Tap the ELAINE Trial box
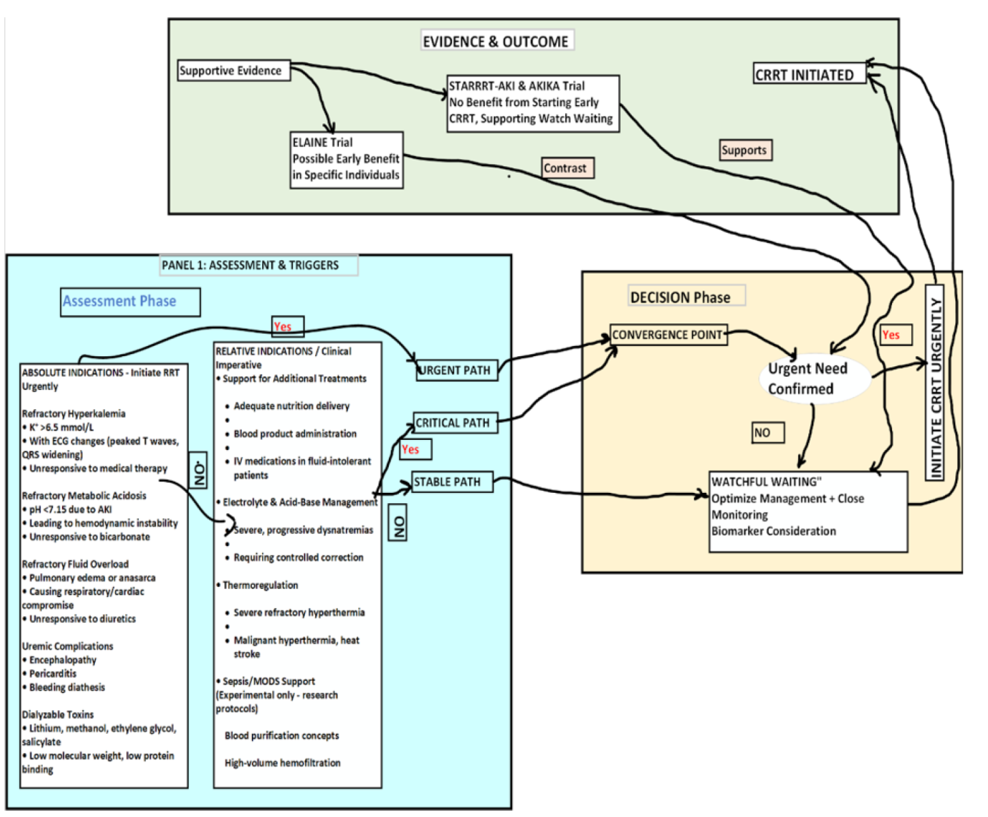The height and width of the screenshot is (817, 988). click(347, 159)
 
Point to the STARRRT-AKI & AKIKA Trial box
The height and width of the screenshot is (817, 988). click(532, 103)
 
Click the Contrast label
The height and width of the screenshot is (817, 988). click(568, 168)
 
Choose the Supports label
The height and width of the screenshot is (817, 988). click(746, 150)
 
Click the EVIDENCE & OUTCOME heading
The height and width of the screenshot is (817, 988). click(496, 41)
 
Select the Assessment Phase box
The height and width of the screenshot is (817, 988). click(130, 302)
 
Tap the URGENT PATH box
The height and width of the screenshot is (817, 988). click(456, 370)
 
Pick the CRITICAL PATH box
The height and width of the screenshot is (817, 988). click(454, 423)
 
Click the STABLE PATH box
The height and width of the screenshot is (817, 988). click(451, 482)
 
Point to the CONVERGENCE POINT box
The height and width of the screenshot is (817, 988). click(668, 335)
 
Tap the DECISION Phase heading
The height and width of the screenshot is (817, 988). click(686, 296)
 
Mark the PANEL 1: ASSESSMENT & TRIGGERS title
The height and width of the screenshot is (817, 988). click(259, 265)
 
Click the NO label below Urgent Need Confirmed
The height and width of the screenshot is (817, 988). click(767, 432)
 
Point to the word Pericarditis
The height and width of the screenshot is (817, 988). click(53, 673)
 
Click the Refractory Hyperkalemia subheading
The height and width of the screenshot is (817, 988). click(74, 413)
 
